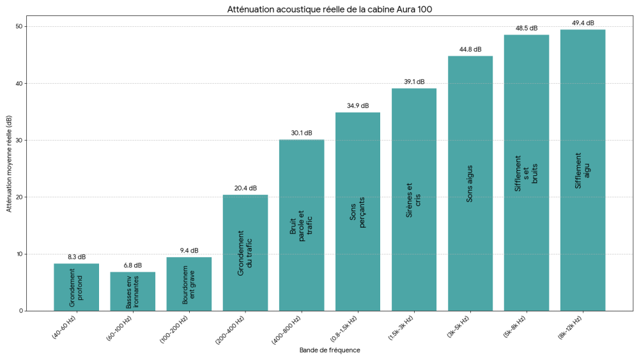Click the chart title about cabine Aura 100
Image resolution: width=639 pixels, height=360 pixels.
click(334, 10)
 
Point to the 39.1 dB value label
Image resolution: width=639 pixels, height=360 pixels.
click(414, 82)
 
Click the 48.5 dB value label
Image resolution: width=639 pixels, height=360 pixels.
click(527, 28)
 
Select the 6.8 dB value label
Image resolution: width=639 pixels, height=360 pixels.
click(132, 265)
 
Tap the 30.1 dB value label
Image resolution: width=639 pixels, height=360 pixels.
click(302, 133)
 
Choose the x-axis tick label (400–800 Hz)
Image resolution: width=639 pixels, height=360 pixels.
click(288, 329)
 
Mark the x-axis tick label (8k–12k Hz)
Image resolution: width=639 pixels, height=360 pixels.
click(570, 329)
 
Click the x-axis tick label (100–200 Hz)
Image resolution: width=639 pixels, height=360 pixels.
click(176, 329)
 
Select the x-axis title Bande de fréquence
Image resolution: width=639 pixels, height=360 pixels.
click(330, 350)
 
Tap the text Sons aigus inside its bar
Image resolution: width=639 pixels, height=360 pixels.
click(470, 182)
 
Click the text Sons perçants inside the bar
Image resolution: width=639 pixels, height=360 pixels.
click(358, 212)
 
